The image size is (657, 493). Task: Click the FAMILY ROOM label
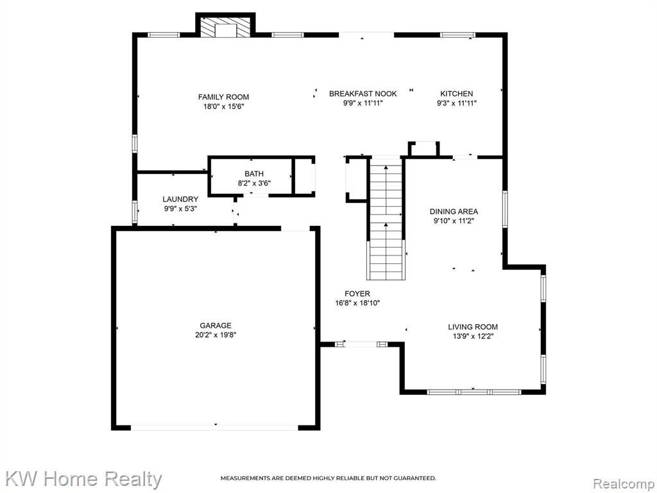223,98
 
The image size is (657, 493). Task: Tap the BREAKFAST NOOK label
363,94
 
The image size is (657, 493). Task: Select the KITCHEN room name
456,94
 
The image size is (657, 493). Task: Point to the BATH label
254,174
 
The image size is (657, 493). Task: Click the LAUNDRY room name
180,200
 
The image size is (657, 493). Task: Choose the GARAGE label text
216,325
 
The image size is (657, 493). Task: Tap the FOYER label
357,294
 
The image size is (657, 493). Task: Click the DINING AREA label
454,212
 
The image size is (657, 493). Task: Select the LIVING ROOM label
473,327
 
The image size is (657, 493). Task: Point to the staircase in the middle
386,218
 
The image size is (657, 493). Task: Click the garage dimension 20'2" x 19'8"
216,335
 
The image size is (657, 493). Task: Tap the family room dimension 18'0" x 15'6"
223,107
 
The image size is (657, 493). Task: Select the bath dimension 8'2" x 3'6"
254,183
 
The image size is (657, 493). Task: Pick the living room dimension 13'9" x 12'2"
473,336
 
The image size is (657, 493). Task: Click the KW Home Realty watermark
83,479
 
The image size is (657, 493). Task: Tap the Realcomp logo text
623,484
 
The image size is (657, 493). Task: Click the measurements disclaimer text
328,478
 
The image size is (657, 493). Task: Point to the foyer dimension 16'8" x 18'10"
357,303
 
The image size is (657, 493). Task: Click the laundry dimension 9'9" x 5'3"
180,209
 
